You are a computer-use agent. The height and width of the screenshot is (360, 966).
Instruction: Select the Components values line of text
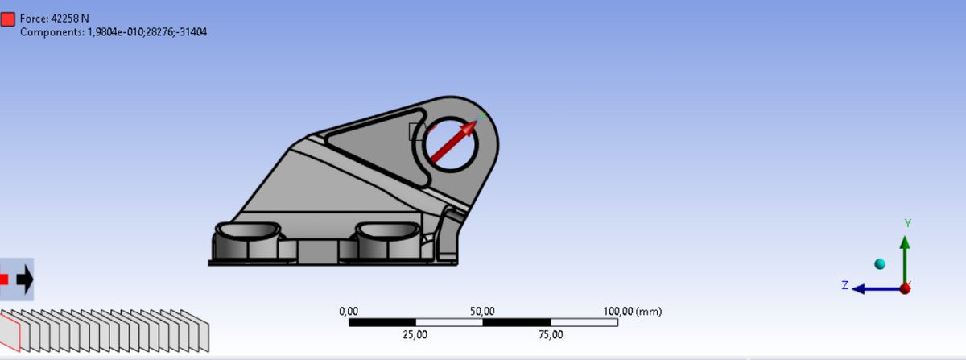[114, 32]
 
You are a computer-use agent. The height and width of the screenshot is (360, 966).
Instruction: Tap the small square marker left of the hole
[416, 132]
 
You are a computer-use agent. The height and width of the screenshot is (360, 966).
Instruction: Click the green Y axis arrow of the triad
[905, 258]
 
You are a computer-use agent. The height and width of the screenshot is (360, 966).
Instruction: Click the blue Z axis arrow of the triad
[873, 288]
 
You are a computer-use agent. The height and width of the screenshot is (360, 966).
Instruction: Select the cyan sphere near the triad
[879, 264]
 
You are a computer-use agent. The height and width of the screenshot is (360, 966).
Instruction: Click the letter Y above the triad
[907, 223]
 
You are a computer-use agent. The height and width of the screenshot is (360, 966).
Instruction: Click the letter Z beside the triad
[844, 285]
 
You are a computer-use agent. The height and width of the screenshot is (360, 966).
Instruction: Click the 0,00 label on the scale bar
[349, 311]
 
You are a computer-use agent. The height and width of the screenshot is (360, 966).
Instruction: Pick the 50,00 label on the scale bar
[482, 311]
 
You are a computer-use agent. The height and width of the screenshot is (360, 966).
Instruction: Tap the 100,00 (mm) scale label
[632, 311]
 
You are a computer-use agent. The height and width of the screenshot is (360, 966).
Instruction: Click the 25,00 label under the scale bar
[415, 334]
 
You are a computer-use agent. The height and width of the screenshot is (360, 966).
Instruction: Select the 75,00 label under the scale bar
[550, 334]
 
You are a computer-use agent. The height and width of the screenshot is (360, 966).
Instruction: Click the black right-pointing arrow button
[24, 279]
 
